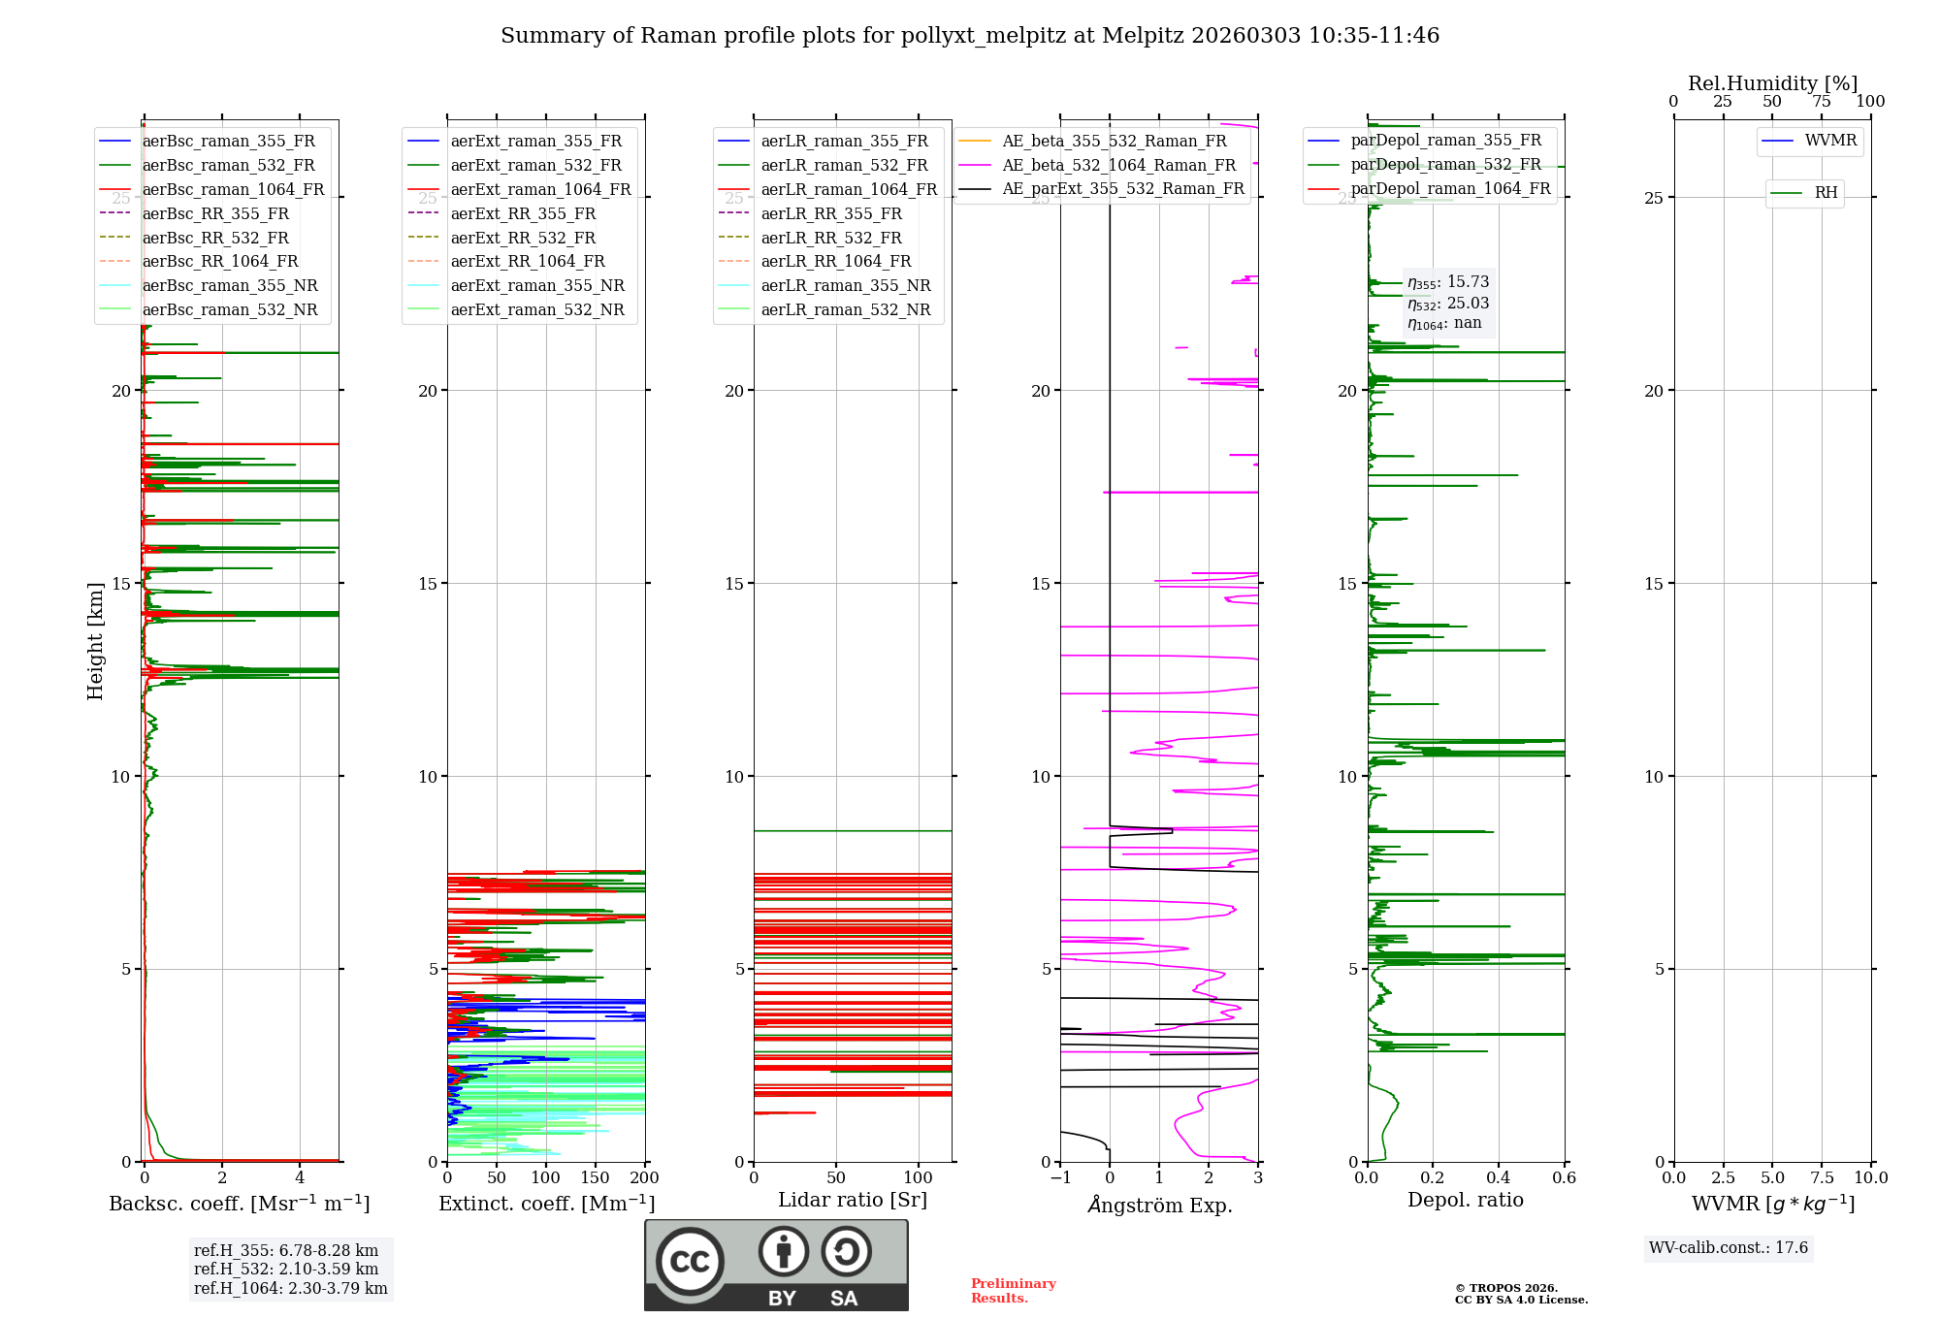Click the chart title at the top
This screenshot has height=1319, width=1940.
[x=970, y=36]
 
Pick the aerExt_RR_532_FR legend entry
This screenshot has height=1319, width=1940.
[x=523, y=238]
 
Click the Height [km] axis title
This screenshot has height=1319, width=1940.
[x=95, y=641]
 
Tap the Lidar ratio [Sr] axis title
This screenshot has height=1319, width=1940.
[x=853, y=1201]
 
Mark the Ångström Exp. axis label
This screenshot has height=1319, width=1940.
[x=1159, y=1206]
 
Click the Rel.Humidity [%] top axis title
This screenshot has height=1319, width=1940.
[x=1772, y=83]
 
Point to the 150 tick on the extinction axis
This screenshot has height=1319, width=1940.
[x=595, y=1178]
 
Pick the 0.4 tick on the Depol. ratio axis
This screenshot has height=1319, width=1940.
[x=1499, y=1178]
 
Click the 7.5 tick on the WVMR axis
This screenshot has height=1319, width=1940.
[x=1822, y=1178]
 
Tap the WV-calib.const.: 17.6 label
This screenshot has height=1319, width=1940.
[x=1729, y=1248]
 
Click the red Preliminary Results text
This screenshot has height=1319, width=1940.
[x=1013, y=1291]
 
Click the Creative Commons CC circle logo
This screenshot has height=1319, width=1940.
[x=690, y=1262]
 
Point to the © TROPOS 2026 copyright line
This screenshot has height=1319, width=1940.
[x=1506, y=1289]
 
